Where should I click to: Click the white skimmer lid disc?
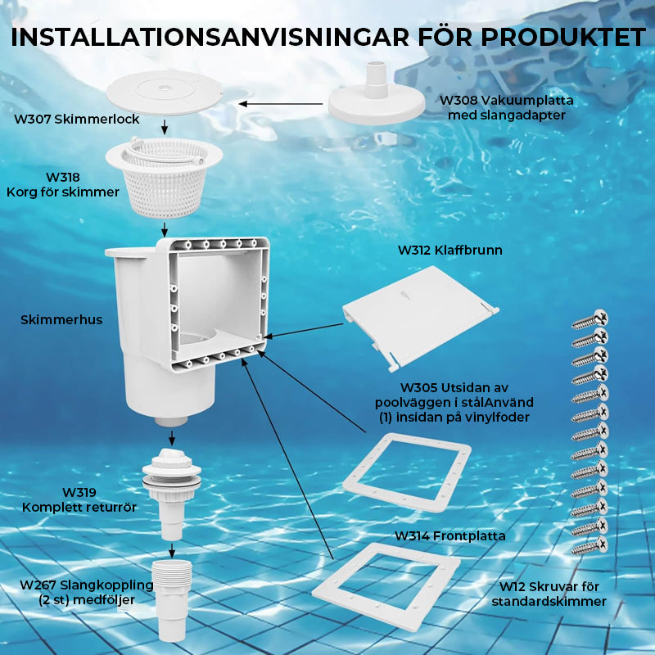tap(164, 93)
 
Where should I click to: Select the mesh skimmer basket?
tap(165, 178)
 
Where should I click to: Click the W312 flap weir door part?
tap(420, 317)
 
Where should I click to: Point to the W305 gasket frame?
tap(407, 473)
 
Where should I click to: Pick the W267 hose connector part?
tap(172, 599)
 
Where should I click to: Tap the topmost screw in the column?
tap(590, 319)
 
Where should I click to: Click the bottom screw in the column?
tap(589, 546)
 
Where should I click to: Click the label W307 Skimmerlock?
tap(76, 120)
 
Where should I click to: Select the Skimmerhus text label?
tap(61, 320)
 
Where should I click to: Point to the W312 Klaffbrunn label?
tap(449, 251)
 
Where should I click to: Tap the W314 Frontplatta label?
tap(449, 536)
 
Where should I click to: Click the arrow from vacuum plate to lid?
tap(281, 104)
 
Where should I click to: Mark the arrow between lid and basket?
tap(165, 128)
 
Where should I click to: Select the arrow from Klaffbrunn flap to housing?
tap(303, 330)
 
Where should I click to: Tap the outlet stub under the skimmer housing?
tap(171, 421)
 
